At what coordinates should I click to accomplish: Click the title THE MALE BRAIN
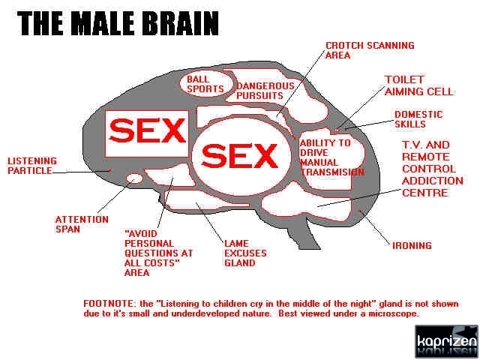tap(118, 23)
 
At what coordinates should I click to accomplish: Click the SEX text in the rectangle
tap(146, 132)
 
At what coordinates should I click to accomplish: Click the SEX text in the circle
tap(240, 156)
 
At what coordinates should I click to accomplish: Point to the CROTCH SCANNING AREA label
tap(369, 50)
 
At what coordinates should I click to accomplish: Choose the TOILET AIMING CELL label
tap(418, 85)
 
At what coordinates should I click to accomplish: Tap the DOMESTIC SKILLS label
tap(418, 119)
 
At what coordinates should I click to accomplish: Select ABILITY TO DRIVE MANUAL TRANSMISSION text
tap(331, 157)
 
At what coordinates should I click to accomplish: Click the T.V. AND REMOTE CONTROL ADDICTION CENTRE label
tap(432, 169)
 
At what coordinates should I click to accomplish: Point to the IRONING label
tap(412, 245)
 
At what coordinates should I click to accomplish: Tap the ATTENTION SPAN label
tap(81, 224)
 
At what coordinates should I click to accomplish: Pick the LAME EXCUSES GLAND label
tap(245, 253)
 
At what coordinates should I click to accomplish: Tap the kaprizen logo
tap(446, 342)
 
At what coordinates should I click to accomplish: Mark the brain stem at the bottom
tap(304, 238)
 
